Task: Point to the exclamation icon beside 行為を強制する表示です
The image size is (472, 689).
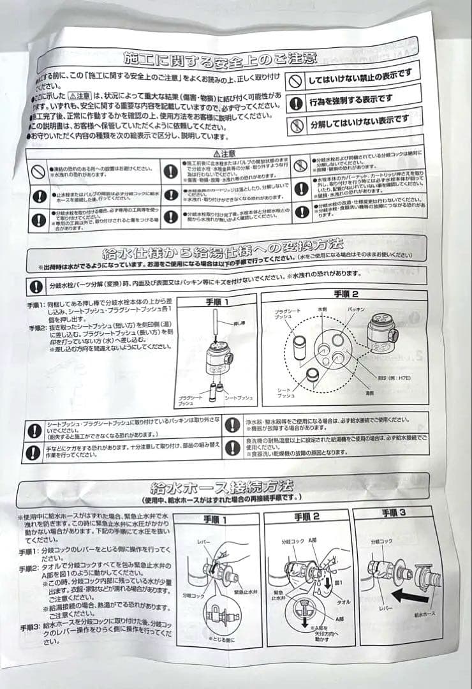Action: point(295,102)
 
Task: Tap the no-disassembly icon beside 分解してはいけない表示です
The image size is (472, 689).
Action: point(296,124)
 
